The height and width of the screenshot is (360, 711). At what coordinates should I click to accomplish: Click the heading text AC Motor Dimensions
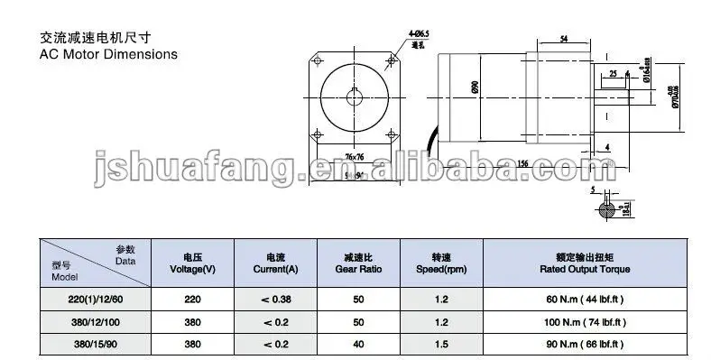96,54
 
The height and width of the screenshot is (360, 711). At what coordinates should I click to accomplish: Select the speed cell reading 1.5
441,344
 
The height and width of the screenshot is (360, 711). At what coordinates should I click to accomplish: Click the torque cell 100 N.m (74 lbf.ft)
586,322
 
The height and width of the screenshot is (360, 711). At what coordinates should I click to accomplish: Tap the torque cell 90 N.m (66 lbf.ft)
586,344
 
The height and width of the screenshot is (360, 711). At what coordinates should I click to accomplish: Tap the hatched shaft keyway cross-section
611,210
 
